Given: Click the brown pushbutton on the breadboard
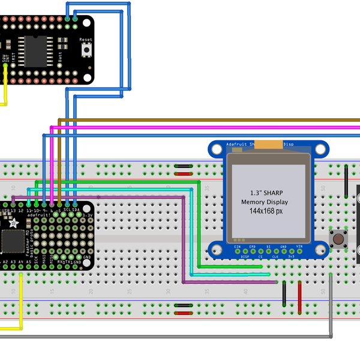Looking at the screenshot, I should [x=338, y=239].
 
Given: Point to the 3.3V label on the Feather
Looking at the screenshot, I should [x=88, y=215].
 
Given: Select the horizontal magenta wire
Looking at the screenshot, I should [x=210, y=127].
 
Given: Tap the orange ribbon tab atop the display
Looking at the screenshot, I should [x=274, y=144].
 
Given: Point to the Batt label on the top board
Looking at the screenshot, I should [x=60, y=57].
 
